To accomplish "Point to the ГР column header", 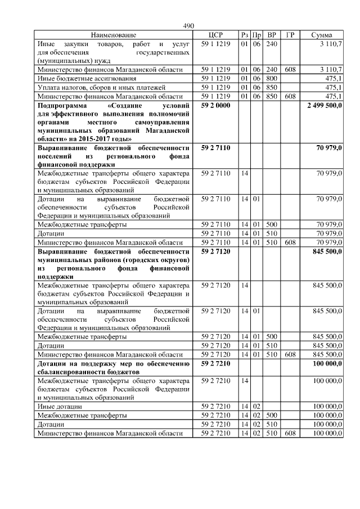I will pyautogui.click(x=290, y=35).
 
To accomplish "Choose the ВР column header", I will pyautogui.click(x=272, y=35).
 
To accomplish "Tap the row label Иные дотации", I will pyautogui.click(x=59, y=406).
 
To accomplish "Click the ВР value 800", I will pyautogui.click(x=272, y=78).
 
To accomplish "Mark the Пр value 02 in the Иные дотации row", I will pyautogui.click(x=256, y=406).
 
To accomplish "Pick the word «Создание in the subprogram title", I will pyautogui.click(x=122, y=106).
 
